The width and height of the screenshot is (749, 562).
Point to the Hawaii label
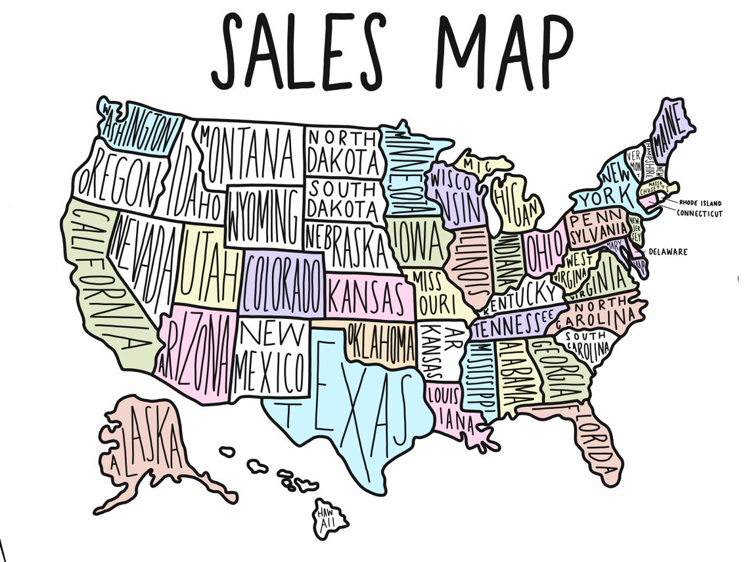point(327,516)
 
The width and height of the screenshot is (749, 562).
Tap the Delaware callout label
point(668,251)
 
